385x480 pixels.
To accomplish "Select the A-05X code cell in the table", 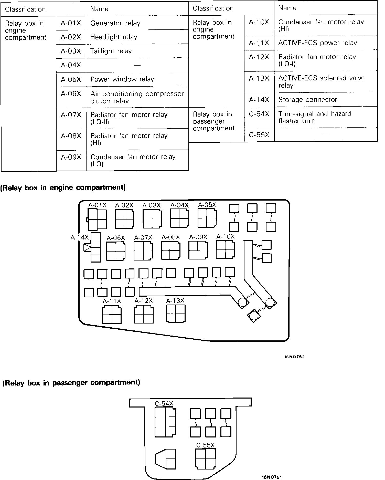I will [x=71, y=79].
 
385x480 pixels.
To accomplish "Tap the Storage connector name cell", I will [x=325, y=99].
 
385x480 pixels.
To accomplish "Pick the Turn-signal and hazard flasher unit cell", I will [x=325, y=117].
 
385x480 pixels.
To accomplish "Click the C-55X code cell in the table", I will [x=259, y=135].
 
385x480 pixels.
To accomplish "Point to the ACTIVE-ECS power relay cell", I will [x=325, y=43].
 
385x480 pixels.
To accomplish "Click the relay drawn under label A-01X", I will [x=97, y=219].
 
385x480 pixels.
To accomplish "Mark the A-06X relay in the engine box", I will [x=116, y=251].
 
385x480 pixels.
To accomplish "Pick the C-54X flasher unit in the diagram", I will [x=165, y=422].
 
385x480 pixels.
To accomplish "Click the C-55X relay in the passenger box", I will [x=205, y=458].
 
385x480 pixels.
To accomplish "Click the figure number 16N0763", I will [x=294, y=357].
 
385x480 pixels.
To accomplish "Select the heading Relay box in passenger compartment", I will [x=71, y=383].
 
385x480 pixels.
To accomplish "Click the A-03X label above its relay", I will [x=151, y=205].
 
